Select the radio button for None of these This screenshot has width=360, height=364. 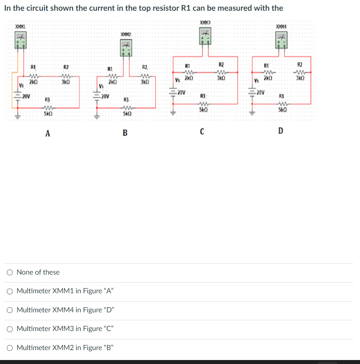pyautogui.click(x=10, y=272)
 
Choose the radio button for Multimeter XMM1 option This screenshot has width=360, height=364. pyautogui.click(x=10, y=291)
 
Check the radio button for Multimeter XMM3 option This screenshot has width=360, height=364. pyautogui.click(x=10, y=329)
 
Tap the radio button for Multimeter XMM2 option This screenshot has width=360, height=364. pyautogui.click(x=10, y=348)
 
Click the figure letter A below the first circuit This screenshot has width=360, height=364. pyautogui.click(x=47, y=134)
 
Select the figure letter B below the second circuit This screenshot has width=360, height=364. pyautogui.click(x=125, y=133)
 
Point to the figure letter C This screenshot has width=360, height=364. pyautogui.click(x=202, y=132)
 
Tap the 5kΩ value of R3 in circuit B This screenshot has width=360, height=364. pyautogui.click(x=126, y=113)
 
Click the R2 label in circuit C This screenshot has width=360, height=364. pyautogui.click(x=221, y=64)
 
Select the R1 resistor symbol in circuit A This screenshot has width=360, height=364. pyautogui.click(x=34, y=76)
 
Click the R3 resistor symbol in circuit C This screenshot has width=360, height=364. pyautogui.click(x=202, y=103)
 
